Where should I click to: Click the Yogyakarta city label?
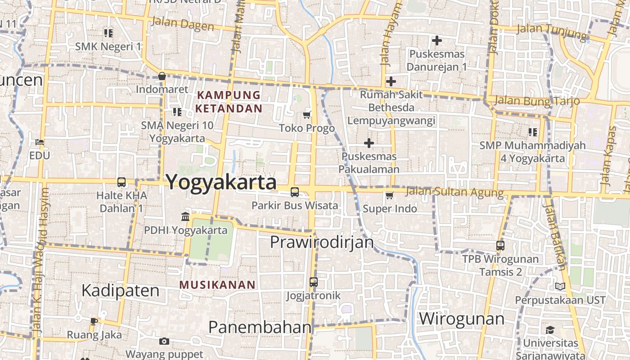coord(221,182)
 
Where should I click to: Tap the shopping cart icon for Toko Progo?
coord(307,115)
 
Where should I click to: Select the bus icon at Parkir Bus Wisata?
coord(295,192)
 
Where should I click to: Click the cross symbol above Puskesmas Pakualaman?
coord(369,143)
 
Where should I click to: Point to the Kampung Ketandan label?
coord(229,102)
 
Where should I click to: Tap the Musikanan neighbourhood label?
coord(217,285)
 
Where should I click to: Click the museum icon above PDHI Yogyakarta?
coord(185,217)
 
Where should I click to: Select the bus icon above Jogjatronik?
coord(314,283)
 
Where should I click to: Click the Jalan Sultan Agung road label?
coord(454,192)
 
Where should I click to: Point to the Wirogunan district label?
coord(462,319)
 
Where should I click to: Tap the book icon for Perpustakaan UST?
coord(560,286)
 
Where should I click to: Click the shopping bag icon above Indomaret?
coord(162,76)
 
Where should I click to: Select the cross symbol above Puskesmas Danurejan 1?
coord(436,40)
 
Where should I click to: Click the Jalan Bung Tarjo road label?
coord(536,100)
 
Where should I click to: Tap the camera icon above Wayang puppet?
coord(164,341)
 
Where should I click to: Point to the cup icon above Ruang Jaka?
coord(94,321)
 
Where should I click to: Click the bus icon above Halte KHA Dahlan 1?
coord(121,182)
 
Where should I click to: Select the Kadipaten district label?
coord(121,291)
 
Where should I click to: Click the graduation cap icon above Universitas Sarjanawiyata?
coord(550,330)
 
